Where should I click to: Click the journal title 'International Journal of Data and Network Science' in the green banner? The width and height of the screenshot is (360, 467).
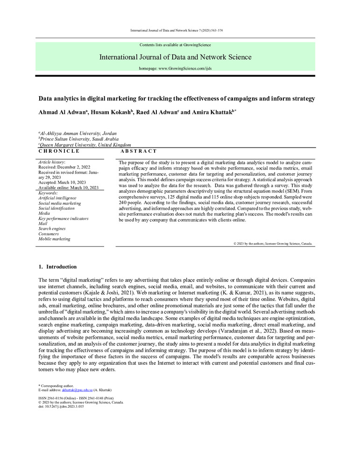[x=175, y=57]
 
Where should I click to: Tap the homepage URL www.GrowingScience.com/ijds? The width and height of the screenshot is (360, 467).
[x=175, y=69]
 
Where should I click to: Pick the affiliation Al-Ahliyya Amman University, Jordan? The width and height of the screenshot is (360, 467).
[x=78, y=134]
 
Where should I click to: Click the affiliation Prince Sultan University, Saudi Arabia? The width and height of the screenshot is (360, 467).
[x=79, y=139]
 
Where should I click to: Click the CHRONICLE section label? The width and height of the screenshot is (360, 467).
[x=59, y=151]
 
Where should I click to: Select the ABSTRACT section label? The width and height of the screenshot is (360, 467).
[x=139, y=151]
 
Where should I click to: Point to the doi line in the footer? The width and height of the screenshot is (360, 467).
[x=61, y=406]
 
